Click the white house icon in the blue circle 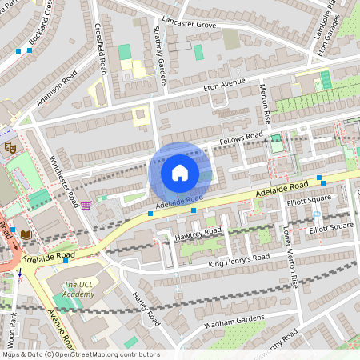(180, 172)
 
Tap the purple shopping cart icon (86, 206)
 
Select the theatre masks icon (10, 148)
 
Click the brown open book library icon (26, 234)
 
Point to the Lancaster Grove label (189, 25)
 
